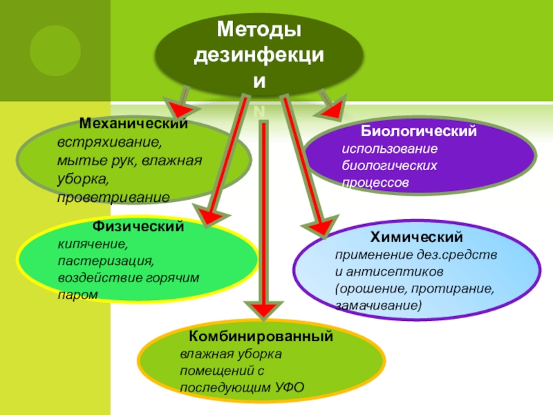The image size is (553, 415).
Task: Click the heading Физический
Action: pos(138,226)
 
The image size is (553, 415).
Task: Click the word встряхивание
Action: pos(108,144)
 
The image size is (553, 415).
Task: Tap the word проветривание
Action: pos(113,196)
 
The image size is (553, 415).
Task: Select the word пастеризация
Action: pos(104,261)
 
